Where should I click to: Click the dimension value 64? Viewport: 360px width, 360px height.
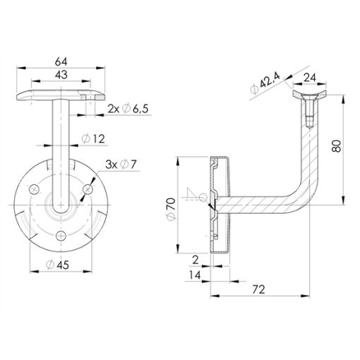tap(61, 61)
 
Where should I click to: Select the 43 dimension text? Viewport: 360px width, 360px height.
tap(61, 75)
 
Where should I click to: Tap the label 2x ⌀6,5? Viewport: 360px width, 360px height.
tap(128, 109)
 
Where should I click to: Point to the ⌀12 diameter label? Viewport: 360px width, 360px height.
tap(93, 139)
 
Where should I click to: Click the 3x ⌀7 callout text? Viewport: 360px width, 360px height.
tap(121, 164)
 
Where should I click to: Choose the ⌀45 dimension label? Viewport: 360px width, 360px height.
tap(57, 265)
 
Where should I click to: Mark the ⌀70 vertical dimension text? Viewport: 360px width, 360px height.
tap(172, 209)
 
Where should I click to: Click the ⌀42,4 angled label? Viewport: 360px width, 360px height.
tap(265, 83)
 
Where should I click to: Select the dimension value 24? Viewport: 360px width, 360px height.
tap(310, 78)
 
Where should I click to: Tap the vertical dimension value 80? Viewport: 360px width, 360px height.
tap(337, 146)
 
